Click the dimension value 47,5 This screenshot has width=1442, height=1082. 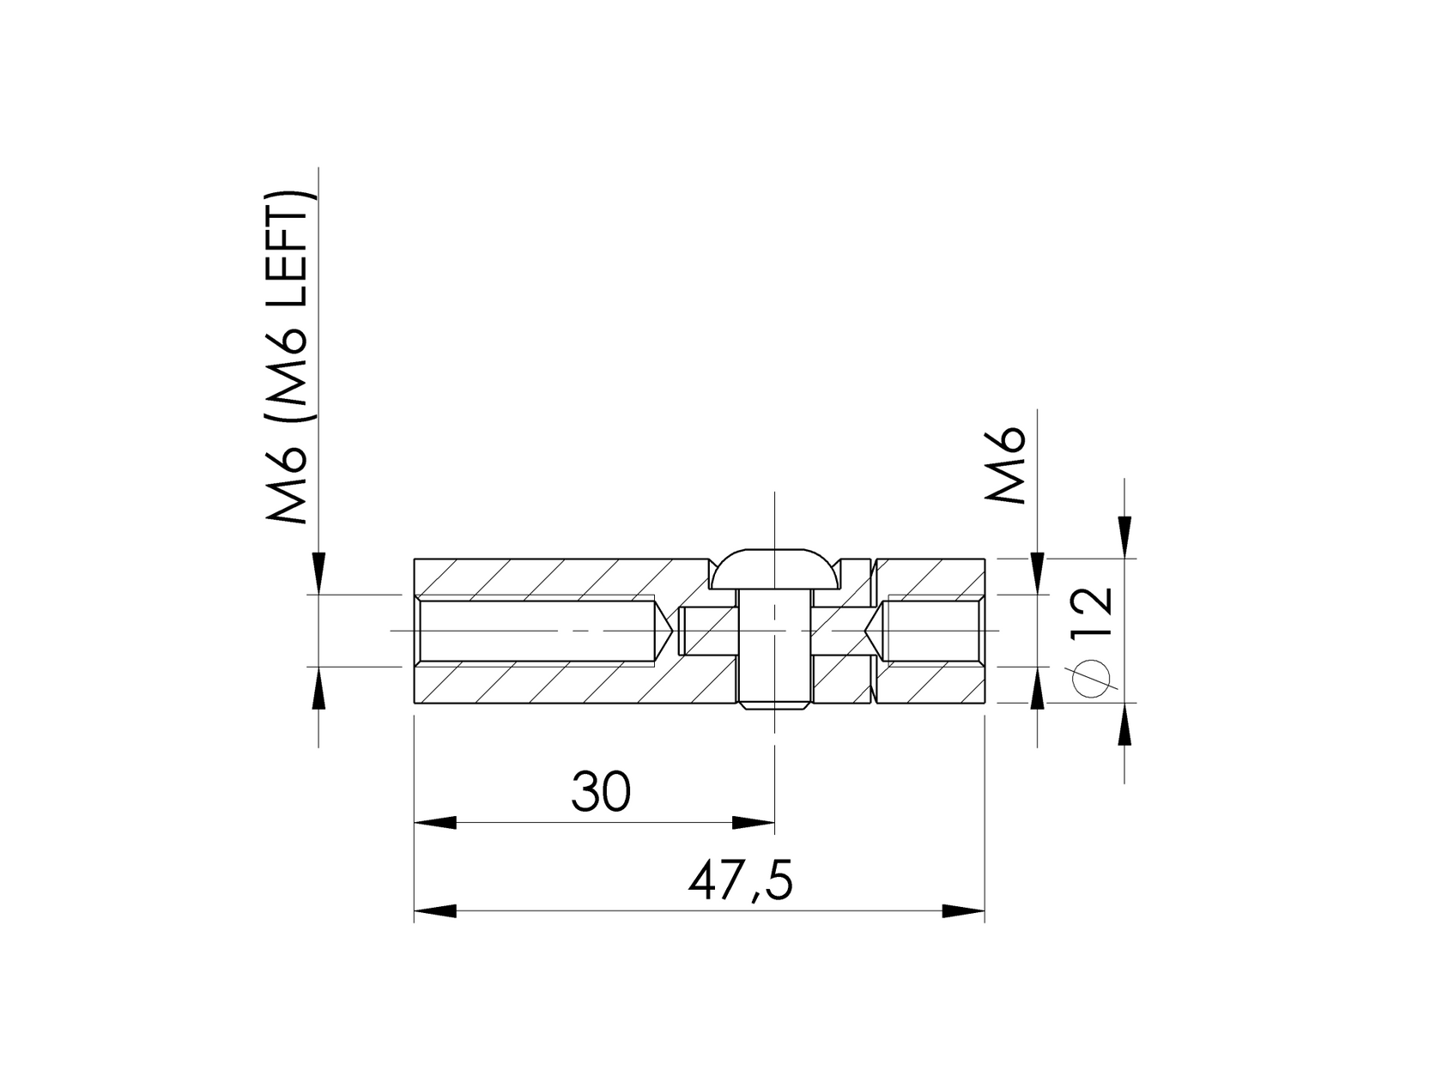pos(740,883)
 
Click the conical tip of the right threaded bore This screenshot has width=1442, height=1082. pos(875,631)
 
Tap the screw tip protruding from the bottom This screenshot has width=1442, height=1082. pos(774,706)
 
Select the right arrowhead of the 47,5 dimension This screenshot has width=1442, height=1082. pos(963,911)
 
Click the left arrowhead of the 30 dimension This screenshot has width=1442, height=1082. pos(435,822)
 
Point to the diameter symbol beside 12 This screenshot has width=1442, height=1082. pos(1091,678)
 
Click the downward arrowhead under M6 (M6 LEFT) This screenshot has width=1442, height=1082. pos(318,572)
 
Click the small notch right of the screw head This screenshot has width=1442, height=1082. pos(853,567)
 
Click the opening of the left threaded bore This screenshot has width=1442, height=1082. pos(418,631)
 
